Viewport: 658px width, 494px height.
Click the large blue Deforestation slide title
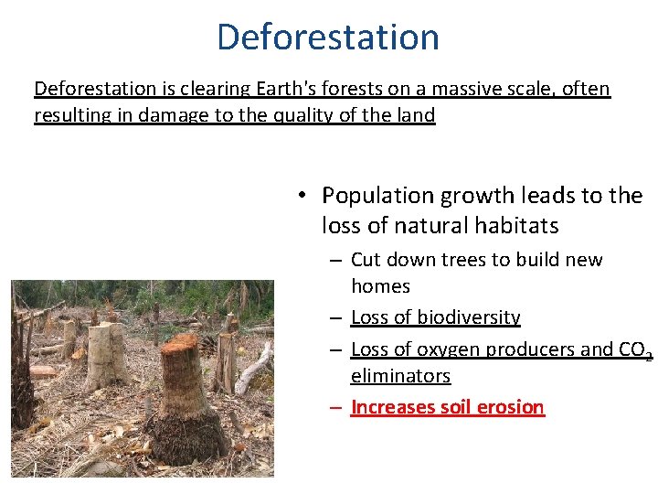(328, 37)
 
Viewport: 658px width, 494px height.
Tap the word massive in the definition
(482, 89)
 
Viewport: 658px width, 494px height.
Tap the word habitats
(517, 225)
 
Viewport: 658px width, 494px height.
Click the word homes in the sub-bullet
(380, 286)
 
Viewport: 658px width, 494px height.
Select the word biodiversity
(468, 317)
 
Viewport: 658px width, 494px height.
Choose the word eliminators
(400, 376)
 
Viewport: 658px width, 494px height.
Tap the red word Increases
(389, 407)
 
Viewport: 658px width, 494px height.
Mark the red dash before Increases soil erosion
(335, 407)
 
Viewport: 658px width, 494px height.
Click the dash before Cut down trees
(335, 261)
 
